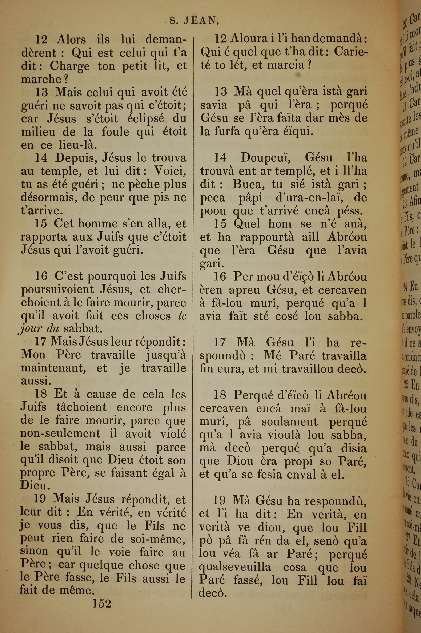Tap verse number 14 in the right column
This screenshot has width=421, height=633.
pos(220,158)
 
